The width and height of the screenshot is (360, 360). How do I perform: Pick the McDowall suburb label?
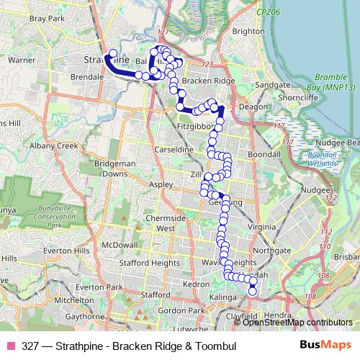[x=119, y=245]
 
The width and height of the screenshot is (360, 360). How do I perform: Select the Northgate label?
[x=272, y=251]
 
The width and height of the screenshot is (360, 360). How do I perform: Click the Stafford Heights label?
[x=155, y=264]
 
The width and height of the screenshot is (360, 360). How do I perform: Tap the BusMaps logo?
[x=325, y=346]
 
